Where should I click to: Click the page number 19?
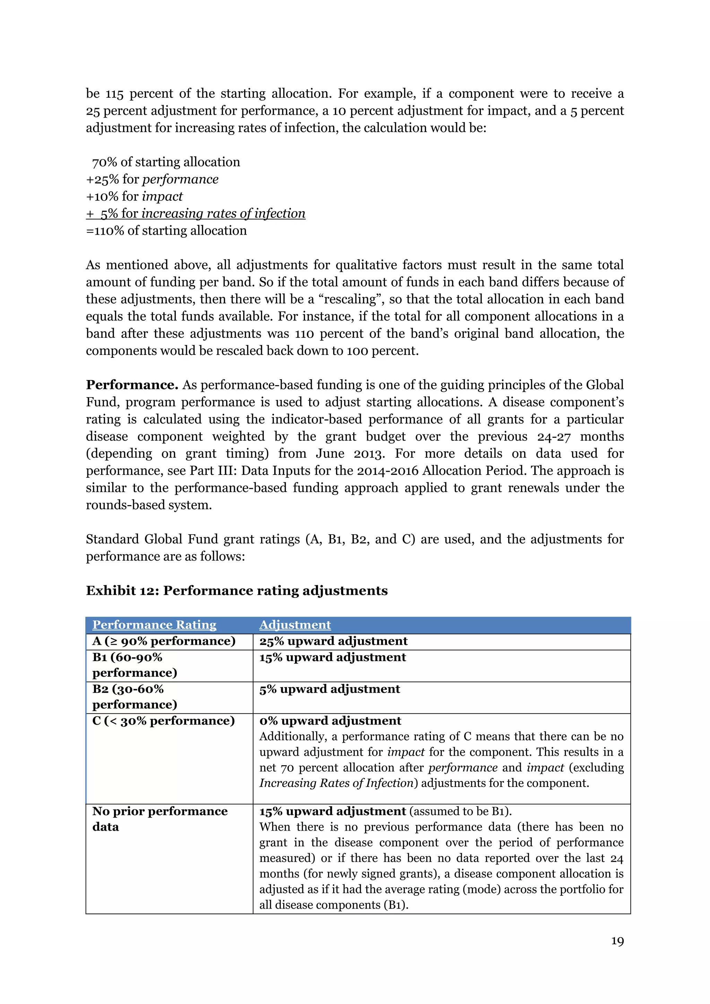coord(617,941)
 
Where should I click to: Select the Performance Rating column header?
coord(154,624)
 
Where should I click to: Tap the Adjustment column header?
coord(295,624)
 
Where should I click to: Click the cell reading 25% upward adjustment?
coord(333,641)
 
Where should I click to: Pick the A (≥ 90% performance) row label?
coord(164,641)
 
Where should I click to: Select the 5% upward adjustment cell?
coord(329,689)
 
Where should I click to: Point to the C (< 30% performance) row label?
coord(164,721)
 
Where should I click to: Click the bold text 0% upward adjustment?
coord(330,721)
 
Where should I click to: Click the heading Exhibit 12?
coord(236,591)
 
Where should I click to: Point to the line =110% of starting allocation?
coord(166,231)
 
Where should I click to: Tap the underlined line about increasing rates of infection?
coord(196,214)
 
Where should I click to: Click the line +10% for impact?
coord(134,196)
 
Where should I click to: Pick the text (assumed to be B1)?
coord(460,811)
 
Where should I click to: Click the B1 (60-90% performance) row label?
coord(135,665)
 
